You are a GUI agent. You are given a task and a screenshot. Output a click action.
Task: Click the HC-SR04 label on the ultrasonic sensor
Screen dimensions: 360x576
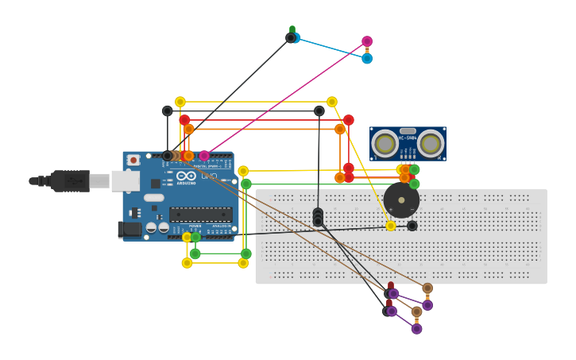coord(408,137)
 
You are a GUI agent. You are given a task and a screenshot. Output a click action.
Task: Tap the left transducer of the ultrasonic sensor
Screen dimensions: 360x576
coord(385,143)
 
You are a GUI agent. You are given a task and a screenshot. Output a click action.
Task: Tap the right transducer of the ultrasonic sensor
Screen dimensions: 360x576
coord(431,143)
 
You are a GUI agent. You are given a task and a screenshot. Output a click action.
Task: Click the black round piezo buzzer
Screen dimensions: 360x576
coord(401,200)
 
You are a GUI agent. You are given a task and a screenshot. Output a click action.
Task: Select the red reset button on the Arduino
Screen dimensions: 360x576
coord(133,160)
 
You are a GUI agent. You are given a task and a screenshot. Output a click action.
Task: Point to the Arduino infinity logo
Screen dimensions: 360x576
coord(186,176)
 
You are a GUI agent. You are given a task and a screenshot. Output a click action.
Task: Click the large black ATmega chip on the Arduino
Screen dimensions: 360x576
coord(200,214)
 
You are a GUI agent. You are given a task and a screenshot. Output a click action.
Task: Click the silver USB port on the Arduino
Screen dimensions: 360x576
coord(125,181)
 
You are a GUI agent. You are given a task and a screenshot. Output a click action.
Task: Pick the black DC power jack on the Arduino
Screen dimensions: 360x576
coord(130,230)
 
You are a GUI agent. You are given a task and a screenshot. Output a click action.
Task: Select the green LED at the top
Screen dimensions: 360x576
coord(292,31)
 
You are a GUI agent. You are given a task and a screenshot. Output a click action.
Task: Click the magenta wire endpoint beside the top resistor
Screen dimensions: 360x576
coord(367,41)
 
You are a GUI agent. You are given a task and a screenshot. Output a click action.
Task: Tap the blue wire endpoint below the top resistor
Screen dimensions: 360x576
coord(367,59)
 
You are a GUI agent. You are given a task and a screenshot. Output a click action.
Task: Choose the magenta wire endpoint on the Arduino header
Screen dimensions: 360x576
coord(204,156)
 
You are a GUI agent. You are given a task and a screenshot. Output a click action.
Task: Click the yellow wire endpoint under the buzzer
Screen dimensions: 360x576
coord(391,226)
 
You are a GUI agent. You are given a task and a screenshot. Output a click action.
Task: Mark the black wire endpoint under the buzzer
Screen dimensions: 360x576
coord(412,226)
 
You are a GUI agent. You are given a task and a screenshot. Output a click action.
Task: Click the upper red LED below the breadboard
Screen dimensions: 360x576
coord(390,287)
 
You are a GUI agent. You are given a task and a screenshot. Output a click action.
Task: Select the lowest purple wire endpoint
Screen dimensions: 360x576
coord(416,329)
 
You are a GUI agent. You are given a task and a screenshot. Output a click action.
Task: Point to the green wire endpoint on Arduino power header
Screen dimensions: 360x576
coord(195,237)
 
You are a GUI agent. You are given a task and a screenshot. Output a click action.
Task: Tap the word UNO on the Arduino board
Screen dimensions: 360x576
coord(209,176)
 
